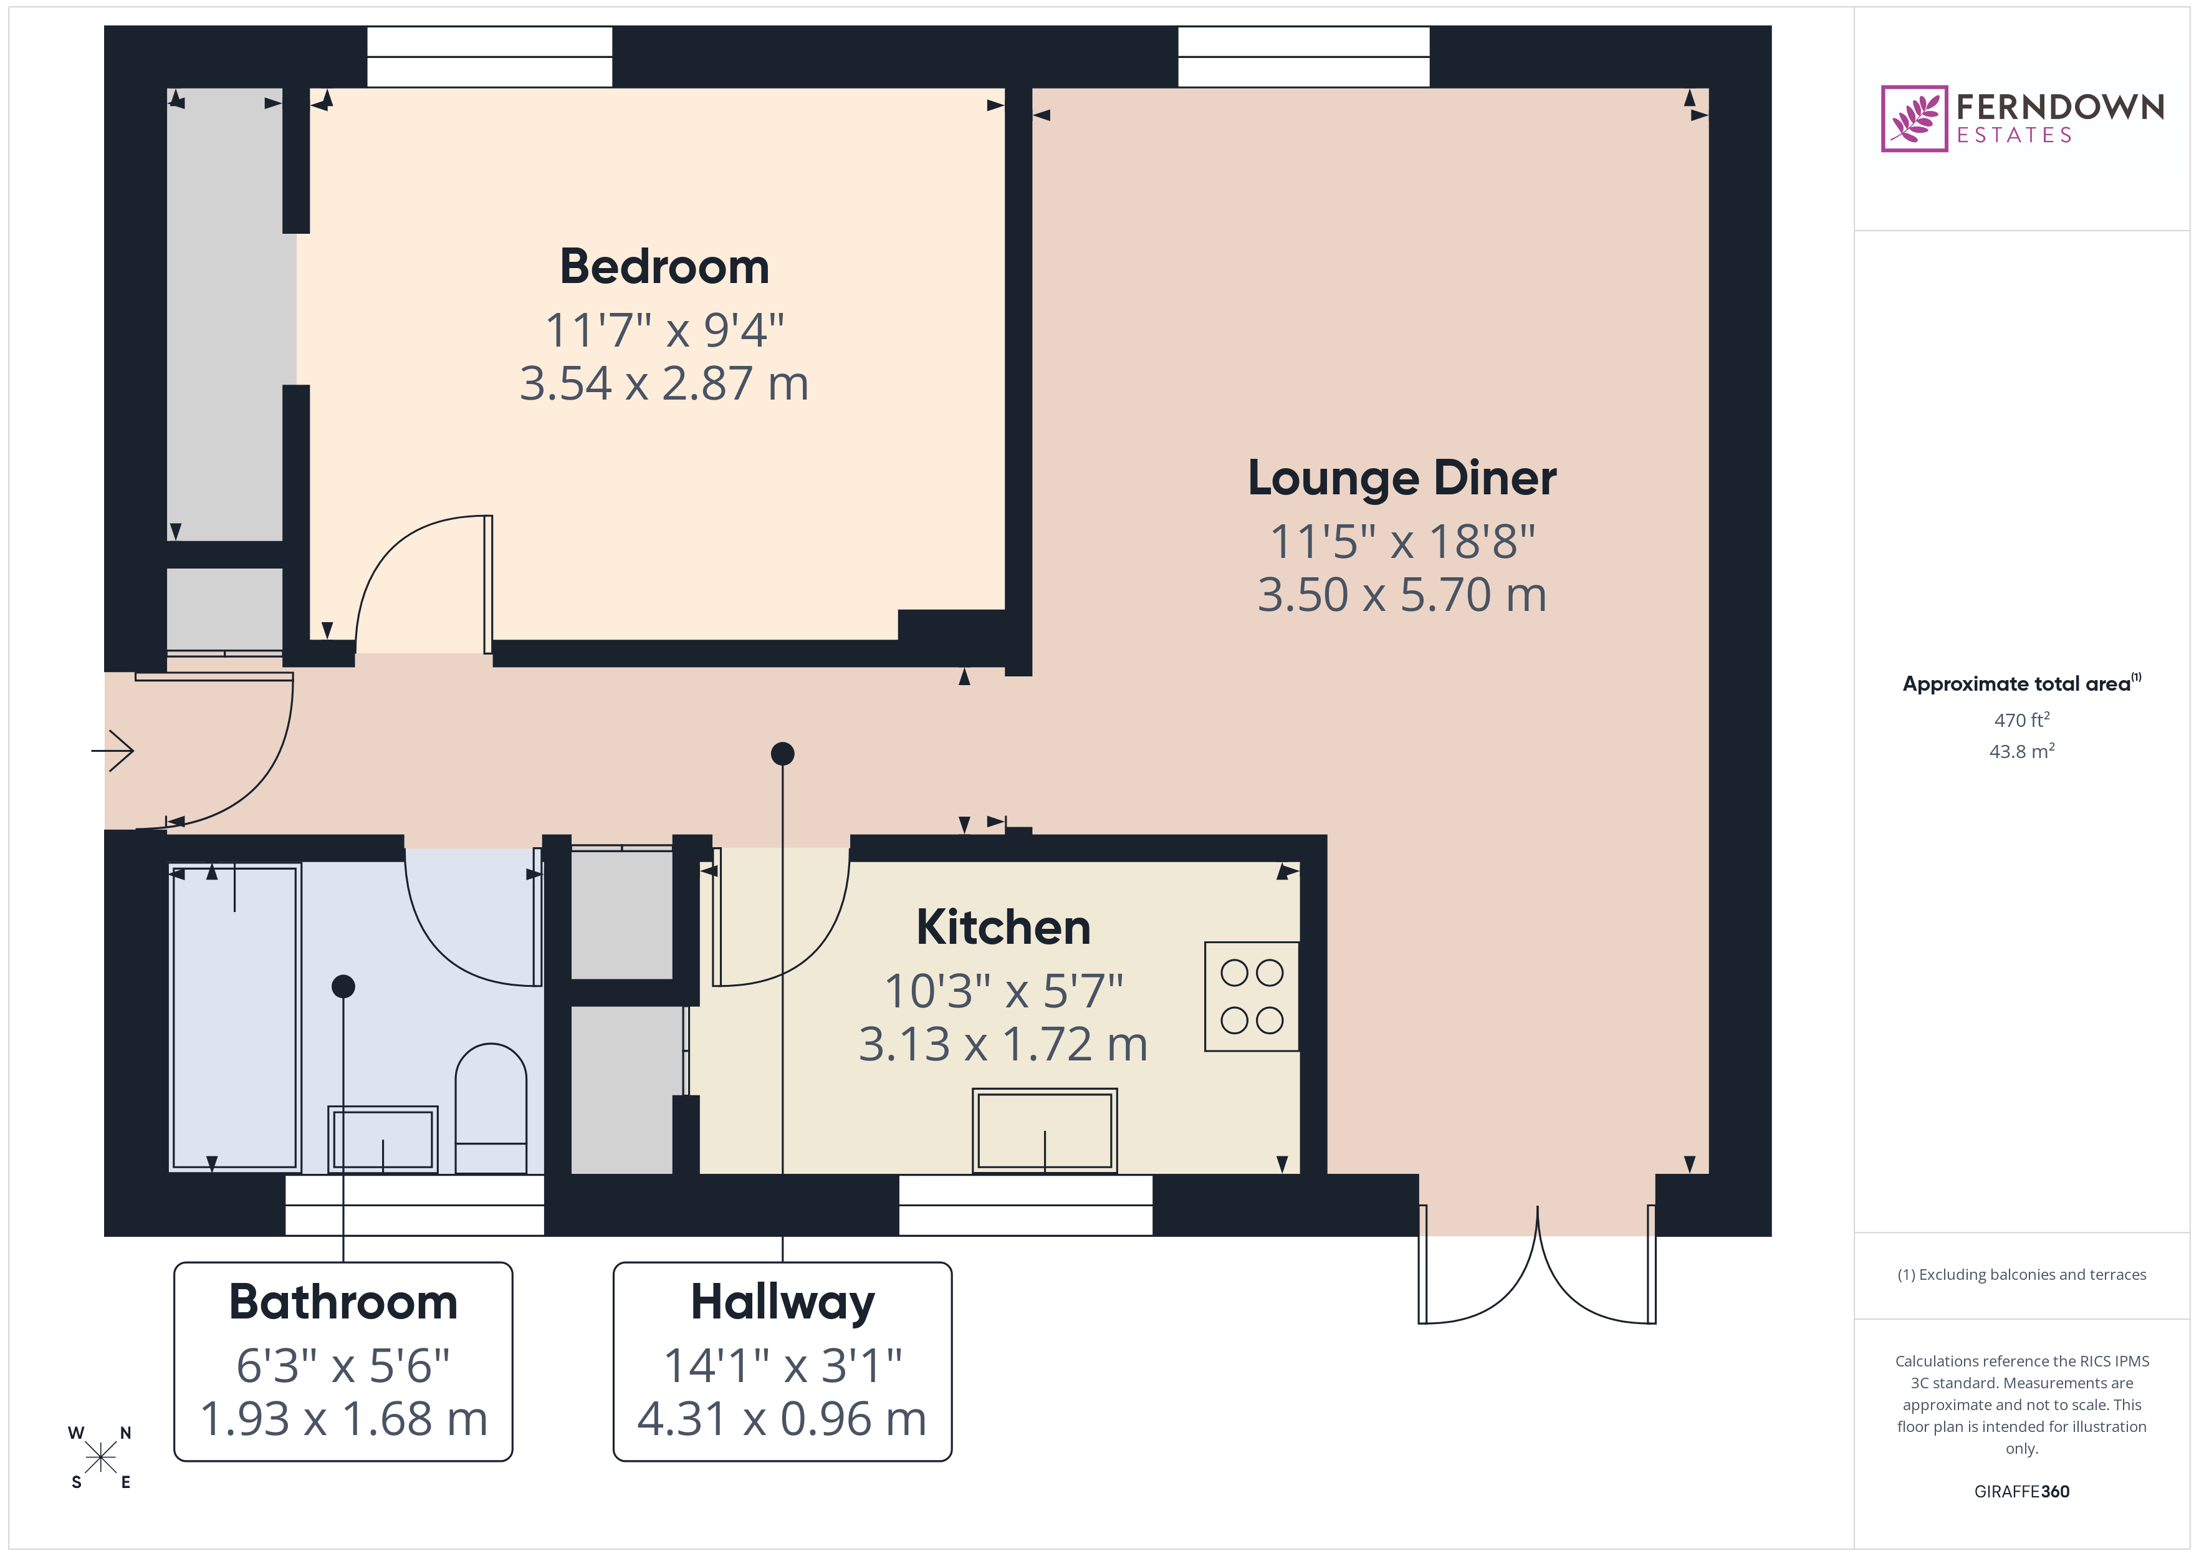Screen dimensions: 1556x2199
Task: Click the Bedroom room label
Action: pos(664,266)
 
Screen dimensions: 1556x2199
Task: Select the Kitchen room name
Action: pos(1003,928)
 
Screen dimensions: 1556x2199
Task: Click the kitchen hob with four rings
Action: pos(1251,996)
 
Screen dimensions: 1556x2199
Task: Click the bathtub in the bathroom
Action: pos(234,1017)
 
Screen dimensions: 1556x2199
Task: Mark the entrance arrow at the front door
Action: pos(114,750)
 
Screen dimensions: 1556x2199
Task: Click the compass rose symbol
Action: pos(100,1458)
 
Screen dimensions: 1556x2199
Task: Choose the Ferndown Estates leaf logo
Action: pos(1914,119)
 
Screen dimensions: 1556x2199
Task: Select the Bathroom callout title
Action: pos(343,1302)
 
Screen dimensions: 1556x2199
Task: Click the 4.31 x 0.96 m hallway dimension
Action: pos(782,1419)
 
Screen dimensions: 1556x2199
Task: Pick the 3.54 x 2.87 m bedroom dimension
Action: pos(664,383)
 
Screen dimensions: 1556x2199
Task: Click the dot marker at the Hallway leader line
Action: pos(782,754)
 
